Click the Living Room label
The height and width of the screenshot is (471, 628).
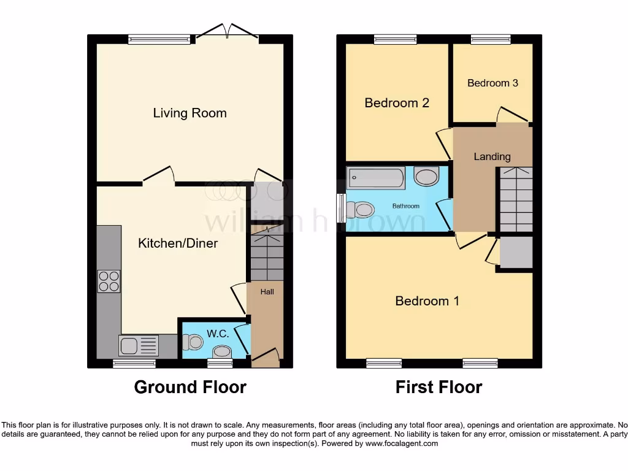pos(190,113)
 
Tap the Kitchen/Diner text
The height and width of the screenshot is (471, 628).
pos(178,243)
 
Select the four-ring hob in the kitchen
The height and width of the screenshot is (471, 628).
pos(109,281)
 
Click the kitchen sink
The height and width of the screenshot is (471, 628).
pos(129,346)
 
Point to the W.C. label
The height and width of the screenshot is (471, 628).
pos(218,334)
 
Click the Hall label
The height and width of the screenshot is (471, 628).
pos(267,292)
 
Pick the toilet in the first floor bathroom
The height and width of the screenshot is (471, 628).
pos(361,210)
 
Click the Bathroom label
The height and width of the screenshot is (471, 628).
pos(406,206)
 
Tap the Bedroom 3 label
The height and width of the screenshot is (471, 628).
pos(492,83)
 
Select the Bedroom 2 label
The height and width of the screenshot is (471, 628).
pos(397,103)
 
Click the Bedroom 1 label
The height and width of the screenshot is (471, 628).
pos(427,301)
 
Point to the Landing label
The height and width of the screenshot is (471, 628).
pos(492,156)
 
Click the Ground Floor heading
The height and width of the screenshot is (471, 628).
pos(190,388)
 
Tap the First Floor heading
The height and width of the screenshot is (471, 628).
pos(438,388)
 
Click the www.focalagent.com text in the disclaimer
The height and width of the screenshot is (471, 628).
pos(402,443)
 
